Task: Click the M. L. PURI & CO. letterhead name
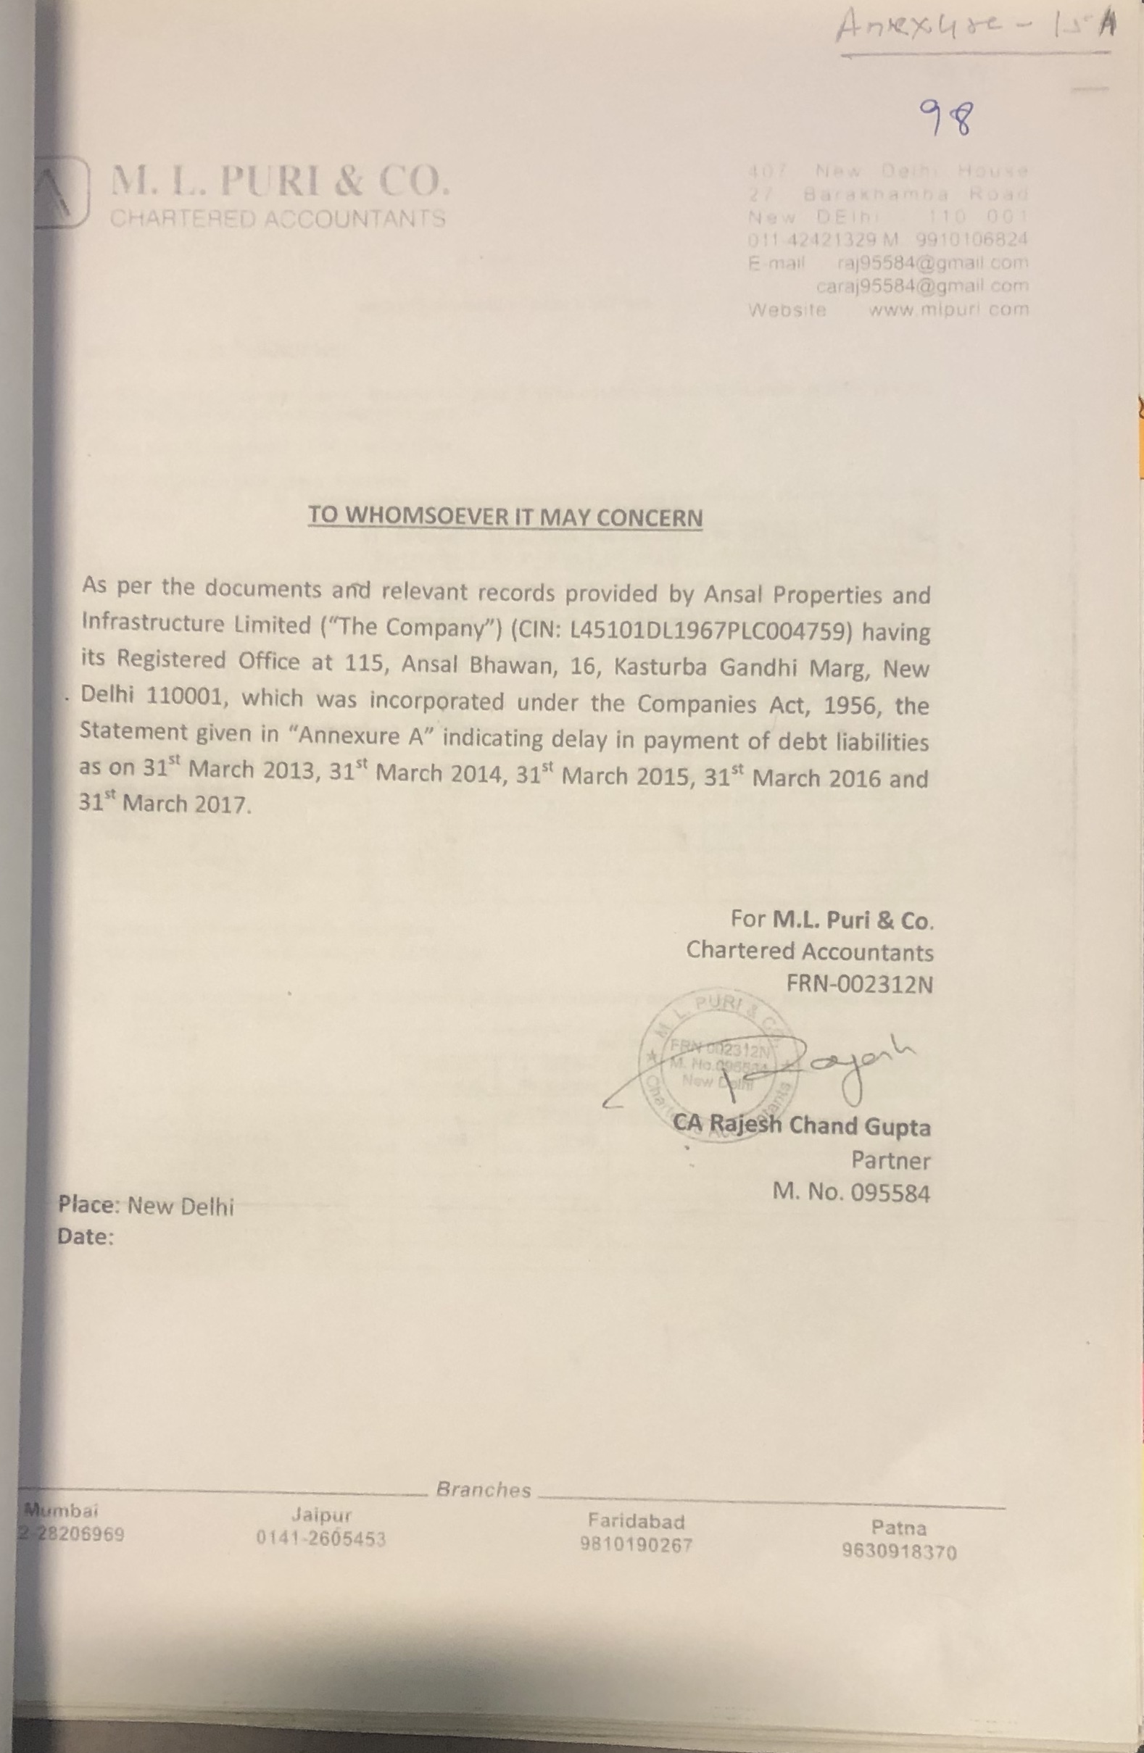279,181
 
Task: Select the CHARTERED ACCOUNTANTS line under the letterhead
278,219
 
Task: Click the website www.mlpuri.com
948,309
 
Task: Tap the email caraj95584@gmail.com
922,286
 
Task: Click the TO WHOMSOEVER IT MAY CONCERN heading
505,516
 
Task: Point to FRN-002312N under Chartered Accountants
860,985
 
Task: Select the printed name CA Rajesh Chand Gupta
802,1126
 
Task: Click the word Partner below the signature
890,1160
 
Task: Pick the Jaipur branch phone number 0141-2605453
320,1538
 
